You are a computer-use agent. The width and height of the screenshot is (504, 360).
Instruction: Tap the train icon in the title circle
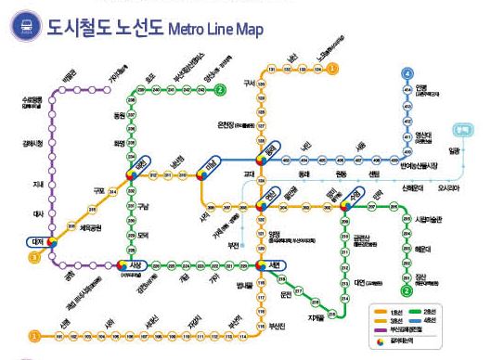click(24, 27)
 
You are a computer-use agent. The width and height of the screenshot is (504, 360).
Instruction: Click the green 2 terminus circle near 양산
click(220, 90)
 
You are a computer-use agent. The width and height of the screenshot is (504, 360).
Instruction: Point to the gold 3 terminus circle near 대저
click(35, 257)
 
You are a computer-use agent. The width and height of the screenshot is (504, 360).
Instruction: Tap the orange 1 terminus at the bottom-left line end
click(33, 335)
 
